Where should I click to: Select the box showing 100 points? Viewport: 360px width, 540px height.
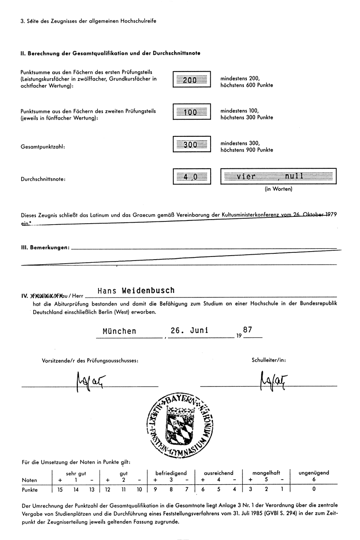pyautogui.click(x=192, y=112)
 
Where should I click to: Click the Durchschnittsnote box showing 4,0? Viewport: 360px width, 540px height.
pyautogui.click(x=192, y=176)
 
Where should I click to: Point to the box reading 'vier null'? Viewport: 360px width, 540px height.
pyautogui.click(x=278, y=176)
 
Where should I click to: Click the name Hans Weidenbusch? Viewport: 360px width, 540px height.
pyautogui.click(x=136, y=291)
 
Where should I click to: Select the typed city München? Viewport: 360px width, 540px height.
pyautogui.click(x=119, y=331)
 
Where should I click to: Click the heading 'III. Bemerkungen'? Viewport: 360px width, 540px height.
pyautogui.click(x=45, y=247)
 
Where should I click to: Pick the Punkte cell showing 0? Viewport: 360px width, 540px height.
pyautogui.click(x=314, y=490)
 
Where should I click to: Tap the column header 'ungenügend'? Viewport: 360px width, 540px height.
pyautogui.click(x=314, y=473)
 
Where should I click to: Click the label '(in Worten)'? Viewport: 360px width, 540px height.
pyautogui.click(x=278, y=189)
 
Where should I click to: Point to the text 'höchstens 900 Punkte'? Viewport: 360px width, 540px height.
pyautogui.click(x=246, y=150)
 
